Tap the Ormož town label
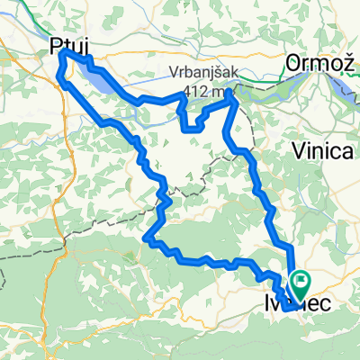point(319,63)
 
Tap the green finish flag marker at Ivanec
point(297,282)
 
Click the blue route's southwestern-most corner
point(147,238)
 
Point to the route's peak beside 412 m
point(233,93)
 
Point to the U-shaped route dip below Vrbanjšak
point(192,127)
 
